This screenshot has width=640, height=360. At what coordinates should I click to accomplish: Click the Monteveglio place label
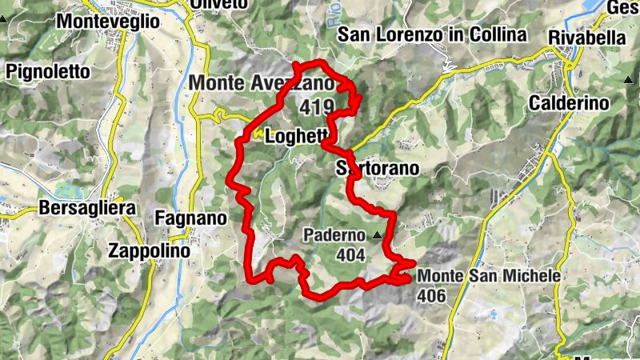[x=108, y=22]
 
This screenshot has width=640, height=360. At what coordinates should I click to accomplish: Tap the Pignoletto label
[x=47, y=72]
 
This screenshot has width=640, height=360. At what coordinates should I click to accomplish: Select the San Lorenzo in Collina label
[x=432, y=34]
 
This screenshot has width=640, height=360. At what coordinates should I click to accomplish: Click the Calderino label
[x=569, y=103]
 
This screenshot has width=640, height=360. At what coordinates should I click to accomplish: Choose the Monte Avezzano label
[x=261, y=82]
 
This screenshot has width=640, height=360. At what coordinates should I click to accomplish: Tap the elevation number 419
[x=318, y=106]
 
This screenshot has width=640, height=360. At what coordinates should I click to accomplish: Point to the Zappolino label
[x=149, y=250]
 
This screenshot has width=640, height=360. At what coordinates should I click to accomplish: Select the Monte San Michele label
[x=489, y=276]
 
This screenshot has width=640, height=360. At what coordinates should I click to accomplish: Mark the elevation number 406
[x=430, y=294]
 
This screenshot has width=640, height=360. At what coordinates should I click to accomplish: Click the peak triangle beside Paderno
[x=377, y=235]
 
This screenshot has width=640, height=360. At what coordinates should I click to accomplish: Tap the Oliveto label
[x=218, y=5]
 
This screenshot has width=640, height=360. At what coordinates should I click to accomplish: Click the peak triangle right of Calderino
[x=626, y=80]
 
